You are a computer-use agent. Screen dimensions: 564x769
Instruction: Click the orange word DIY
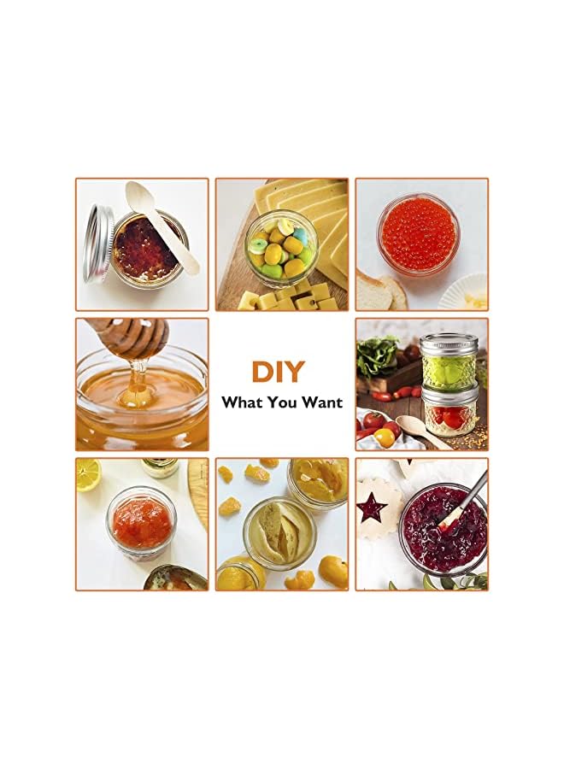pyautogui.click(x=278, y=372)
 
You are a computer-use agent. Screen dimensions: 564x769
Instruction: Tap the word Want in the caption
pyautogui.click(x=321, y=402)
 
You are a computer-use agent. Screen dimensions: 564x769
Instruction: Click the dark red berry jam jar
pyautogui.click(x=444, y=529)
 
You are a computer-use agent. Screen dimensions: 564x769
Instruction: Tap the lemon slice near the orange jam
pyautogui.click(x=88, y=474)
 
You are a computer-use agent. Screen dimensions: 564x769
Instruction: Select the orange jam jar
pyautogui.click(x=142, y=522)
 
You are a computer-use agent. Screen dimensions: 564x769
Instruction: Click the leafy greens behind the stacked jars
pyautogui.click(x=378, y=354)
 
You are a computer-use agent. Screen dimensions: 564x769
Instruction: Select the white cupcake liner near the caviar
pyautogui.click(x=463, y=292)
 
